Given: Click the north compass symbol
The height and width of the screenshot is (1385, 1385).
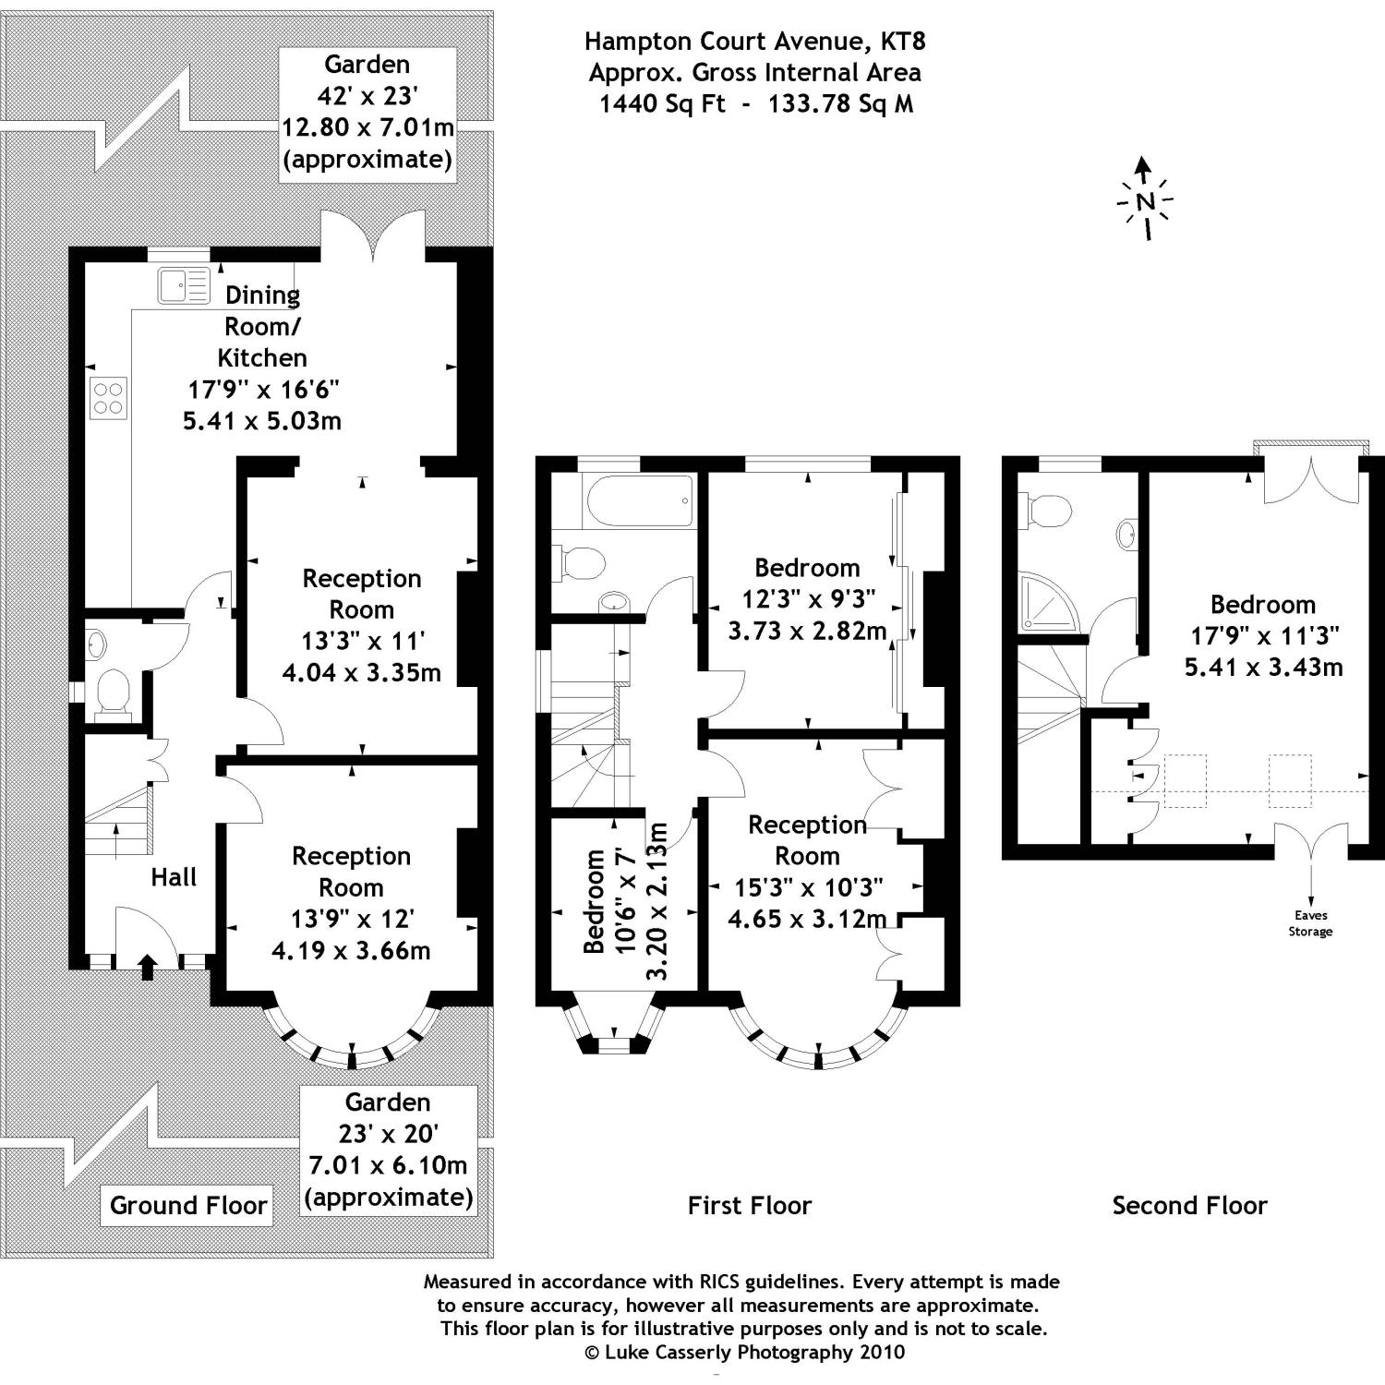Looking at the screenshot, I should (x=1145, y=199).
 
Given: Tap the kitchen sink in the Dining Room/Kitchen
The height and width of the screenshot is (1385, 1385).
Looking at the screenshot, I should (x=184, y=284).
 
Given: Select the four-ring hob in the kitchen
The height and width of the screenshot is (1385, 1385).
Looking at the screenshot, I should (x=108, y=398).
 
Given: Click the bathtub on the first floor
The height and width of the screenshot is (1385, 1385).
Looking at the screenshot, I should (x=640, y=500).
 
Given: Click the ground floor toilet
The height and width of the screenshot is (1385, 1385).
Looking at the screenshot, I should (x=113, y=691).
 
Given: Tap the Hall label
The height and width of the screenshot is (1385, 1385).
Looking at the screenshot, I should (x=174, y=877).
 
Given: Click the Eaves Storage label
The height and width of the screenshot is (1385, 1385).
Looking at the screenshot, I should (x=1310, y=923).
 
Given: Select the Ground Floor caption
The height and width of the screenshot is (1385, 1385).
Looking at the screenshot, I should (x=188, y=1205).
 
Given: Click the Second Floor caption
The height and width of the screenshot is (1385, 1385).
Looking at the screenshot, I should (x=1189, y=1205).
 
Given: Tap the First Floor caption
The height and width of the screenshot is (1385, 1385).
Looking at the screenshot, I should (x=749, y=1205).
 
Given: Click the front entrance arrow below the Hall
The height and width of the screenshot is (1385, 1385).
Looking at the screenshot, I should (x=146, y=967).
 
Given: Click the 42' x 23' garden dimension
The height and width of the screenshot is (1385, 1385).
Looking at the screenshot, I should (x=367, y=96).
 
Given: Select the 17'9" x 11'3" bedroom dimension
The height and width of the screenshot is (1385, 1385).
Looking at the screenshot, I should (x=1263, y=635).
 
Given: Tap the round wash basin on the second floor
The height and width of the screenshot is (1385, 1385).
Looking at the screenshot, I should (x=1127, y=535).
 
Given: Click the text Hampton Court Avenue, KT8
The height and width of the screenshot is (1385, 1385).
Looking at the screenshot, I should (x=754, y=41).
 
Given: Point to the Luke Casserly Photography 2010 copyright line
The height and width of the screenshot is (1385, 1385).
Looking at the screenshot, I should (x=743, y=1353).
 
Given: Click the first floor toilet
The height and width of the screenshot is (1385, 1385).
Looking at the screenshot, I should (x=578, y=562).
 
